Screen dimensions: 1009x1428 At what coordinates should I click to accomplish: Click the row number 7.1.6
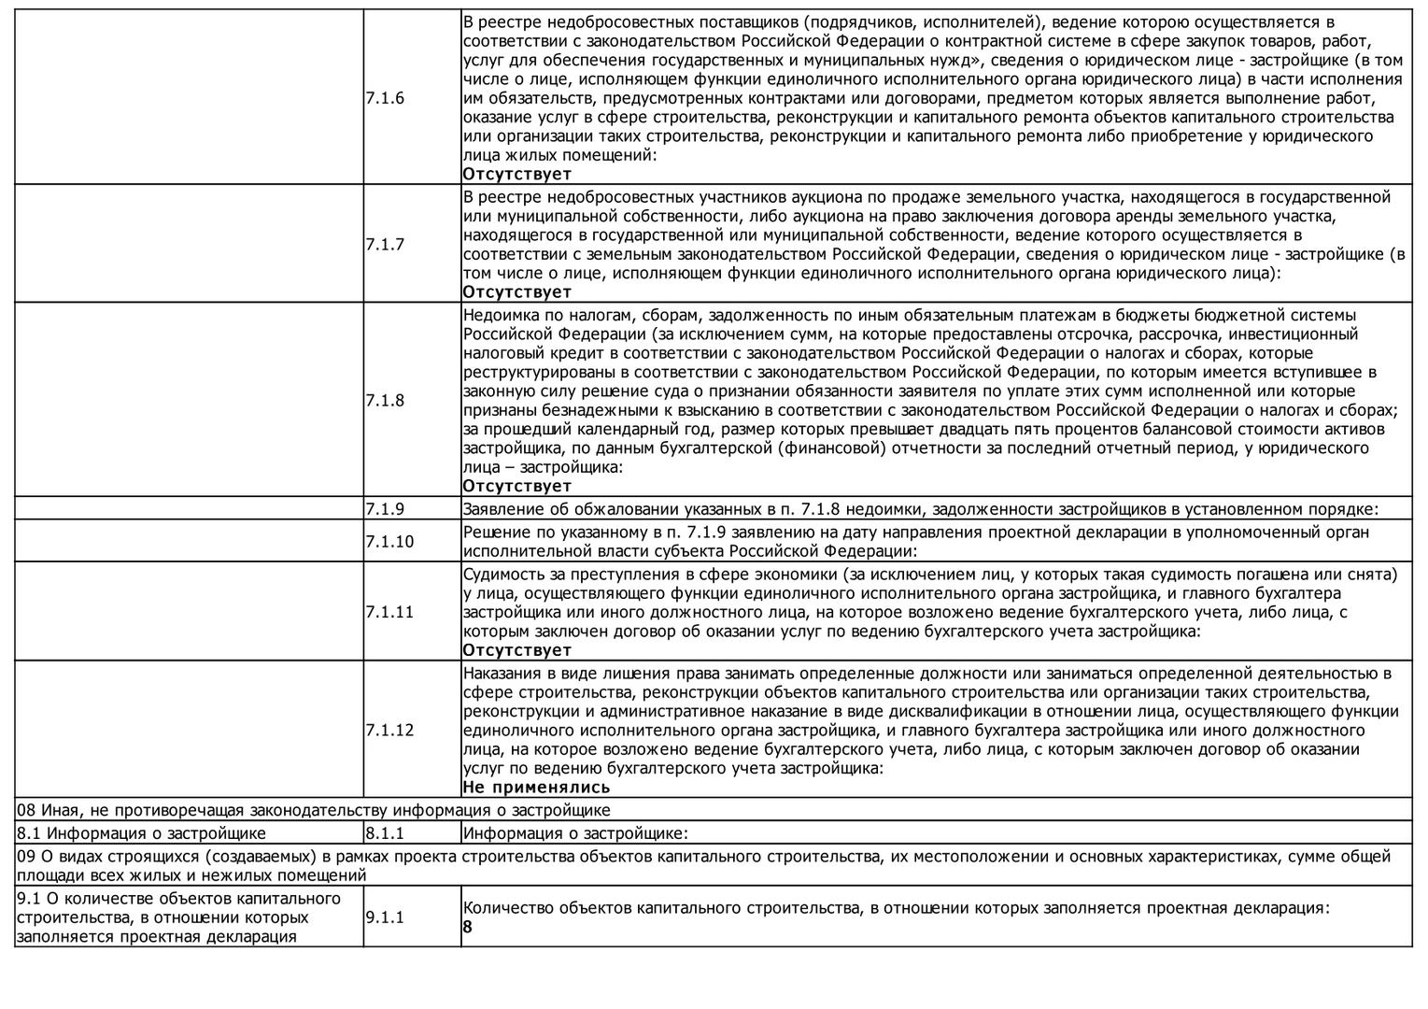click(x=385, y=98)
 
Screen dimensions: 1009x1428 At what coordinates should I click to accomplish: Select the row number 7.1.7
click(x=385, y=245)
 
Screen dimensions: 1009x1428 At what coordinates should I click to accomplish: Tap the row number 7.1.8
click(x=385, y=401)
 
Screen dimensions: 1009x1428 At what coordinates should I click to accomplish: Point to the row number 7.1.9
click(x=385, y=509)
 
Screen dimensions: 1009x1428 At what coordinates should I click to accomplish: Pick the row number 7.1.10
click(x=389, y=542)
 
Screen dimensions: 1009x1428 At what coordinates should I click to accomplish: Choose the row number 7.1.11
click(x=389, y=612)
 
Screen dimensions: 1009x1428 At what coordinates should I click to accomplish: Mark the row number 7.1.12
click(x=389, y=731)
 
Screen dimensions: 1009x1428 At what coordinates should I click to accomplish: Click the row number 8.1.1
click(x=385, y=833)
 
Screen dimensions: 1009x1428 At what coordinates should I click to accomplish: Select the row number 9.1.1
click(x=385, y=917)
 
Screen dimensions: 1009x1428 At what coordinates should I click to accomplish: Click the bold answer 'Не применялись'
click(x=536, y=787)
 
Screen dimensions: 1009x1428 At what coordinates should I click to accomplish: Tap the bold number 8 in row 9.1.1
click(x=468, y=928)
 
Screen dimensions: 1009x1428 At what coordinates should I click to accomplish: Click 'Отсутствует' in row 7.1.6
click(x=516, y=174)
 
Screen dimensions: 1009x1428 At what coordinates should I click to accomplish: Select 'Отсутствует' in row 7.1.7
click(x=516, y=292)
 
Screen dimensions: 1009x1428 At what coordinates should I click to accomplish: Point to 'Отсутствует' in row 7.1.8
click(x=516, y=486)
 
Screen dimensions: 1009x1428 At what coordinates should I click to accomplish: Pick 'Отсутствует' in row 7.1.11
click(x=516, y=650)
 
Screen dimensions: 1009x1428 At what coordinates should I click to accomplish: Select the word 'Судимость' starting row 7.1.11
click(x=502, y=574)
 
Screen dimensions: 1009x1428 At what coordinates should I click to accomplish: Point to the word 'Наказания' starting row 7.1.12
click(x=502, y=674)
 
